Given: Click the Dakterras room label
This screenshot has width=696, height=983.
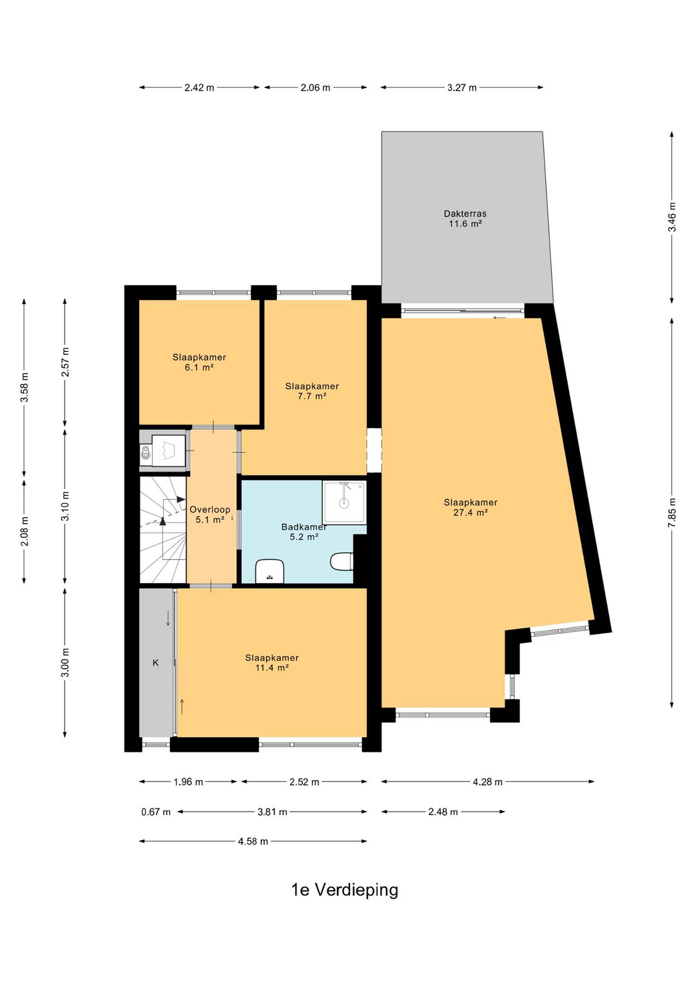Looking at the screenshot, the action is [x=465, y=214].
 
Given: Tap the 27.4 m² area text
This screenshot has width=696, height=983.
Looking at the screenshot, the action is [x=470, y=513].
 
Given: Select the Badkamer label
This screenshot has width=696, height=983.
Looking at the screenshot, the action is [x=304, y=527].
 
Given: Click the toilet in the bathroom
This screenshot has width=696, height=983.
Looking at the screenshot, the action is [x=342, y=561].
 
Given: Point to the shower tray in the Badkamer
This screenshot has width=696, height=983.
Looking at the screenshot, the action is [x=344, y=502].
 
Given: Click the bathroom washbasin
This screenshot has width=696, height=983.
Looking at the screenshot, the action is [x=269, y=571].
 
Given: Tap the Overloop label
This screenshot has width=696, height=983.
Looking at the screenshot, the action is [x=210, y=510].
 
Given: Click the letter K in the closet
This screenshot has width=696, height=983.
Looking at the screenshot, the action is [x=155, y=663].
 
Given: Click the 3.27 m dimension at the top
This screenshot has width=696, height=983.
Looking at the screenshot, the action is [x=462, y=88].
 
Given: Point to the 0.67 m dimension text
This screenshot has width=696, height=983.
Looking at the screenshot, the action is [x=156, y=812].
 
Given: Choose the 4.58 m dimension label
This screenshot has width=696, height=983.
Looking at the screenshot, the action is [x=253, y=841].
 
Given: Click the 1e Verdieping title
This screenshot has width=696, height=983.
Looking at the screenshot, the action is [x=345, y=890].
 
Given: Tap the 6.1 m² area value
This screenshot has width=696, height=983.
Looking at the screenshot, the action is [x=199, y=367].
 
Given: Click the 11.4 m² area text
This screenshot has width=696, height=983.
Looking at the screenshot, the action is [x=272, y=667].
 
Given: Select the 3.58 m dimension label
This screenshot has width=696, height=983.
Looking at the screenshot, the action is [x=25, y=388].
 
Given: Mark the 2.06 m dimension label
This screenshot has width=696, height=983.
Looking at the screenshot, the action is [x=315, y=88].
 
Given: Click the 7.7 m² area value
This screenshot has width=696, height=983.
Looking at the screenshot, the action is [x=312, y=396].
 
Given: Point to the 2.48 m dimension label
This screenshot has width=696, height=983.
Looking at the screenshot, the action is [x=443, y=812].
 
